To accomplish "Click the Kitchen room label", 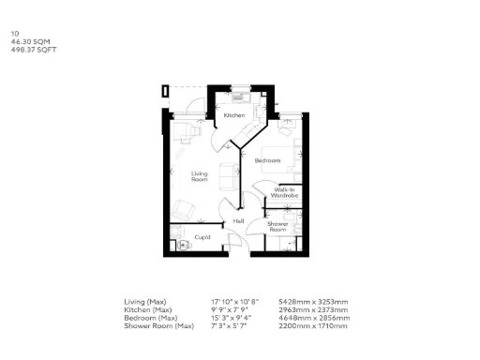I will pyautogui.click(x=234, y=115).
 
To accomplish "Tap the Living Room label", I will pyautogui.click(x=199, y=176).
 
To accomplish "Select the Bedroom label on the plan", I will pyautogui.click(x=268, y=160).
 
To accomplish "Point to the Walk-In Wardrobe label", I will pyautogui.click(x=285, y=192).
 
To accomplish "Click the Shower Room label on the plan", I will pyautogui.click(x=277, y=226).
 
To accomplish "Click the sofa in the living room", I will pyautogui.click(x=227, y=174).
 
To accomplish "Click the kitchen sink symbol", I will pyautogui.click(x=240, y=96).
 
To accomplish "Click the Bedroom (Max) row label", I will pyautogui.click(x=149, y=317).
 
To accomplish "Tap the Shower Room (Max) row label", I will pyautogui.click(x=156, y=324).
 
